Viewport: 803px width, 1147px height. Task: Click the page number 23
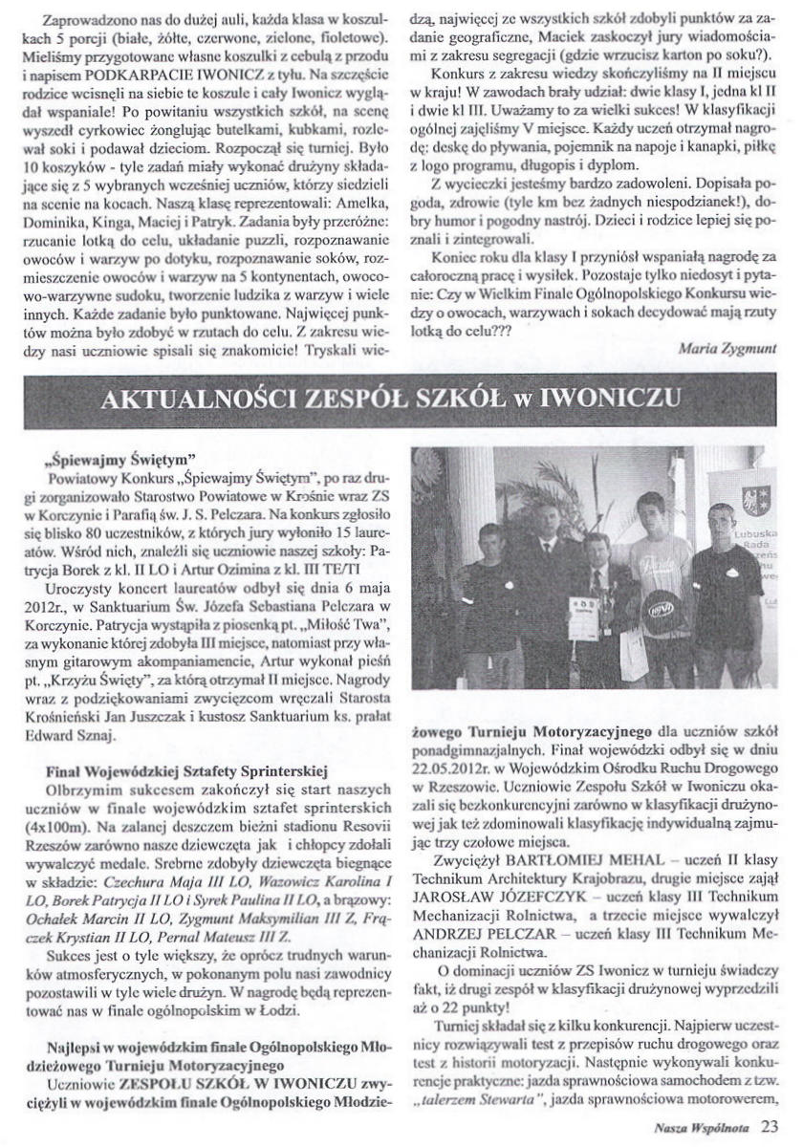(771, 1125)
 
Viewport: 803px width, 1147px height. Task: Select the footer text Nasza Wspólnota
(707, 1126)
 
